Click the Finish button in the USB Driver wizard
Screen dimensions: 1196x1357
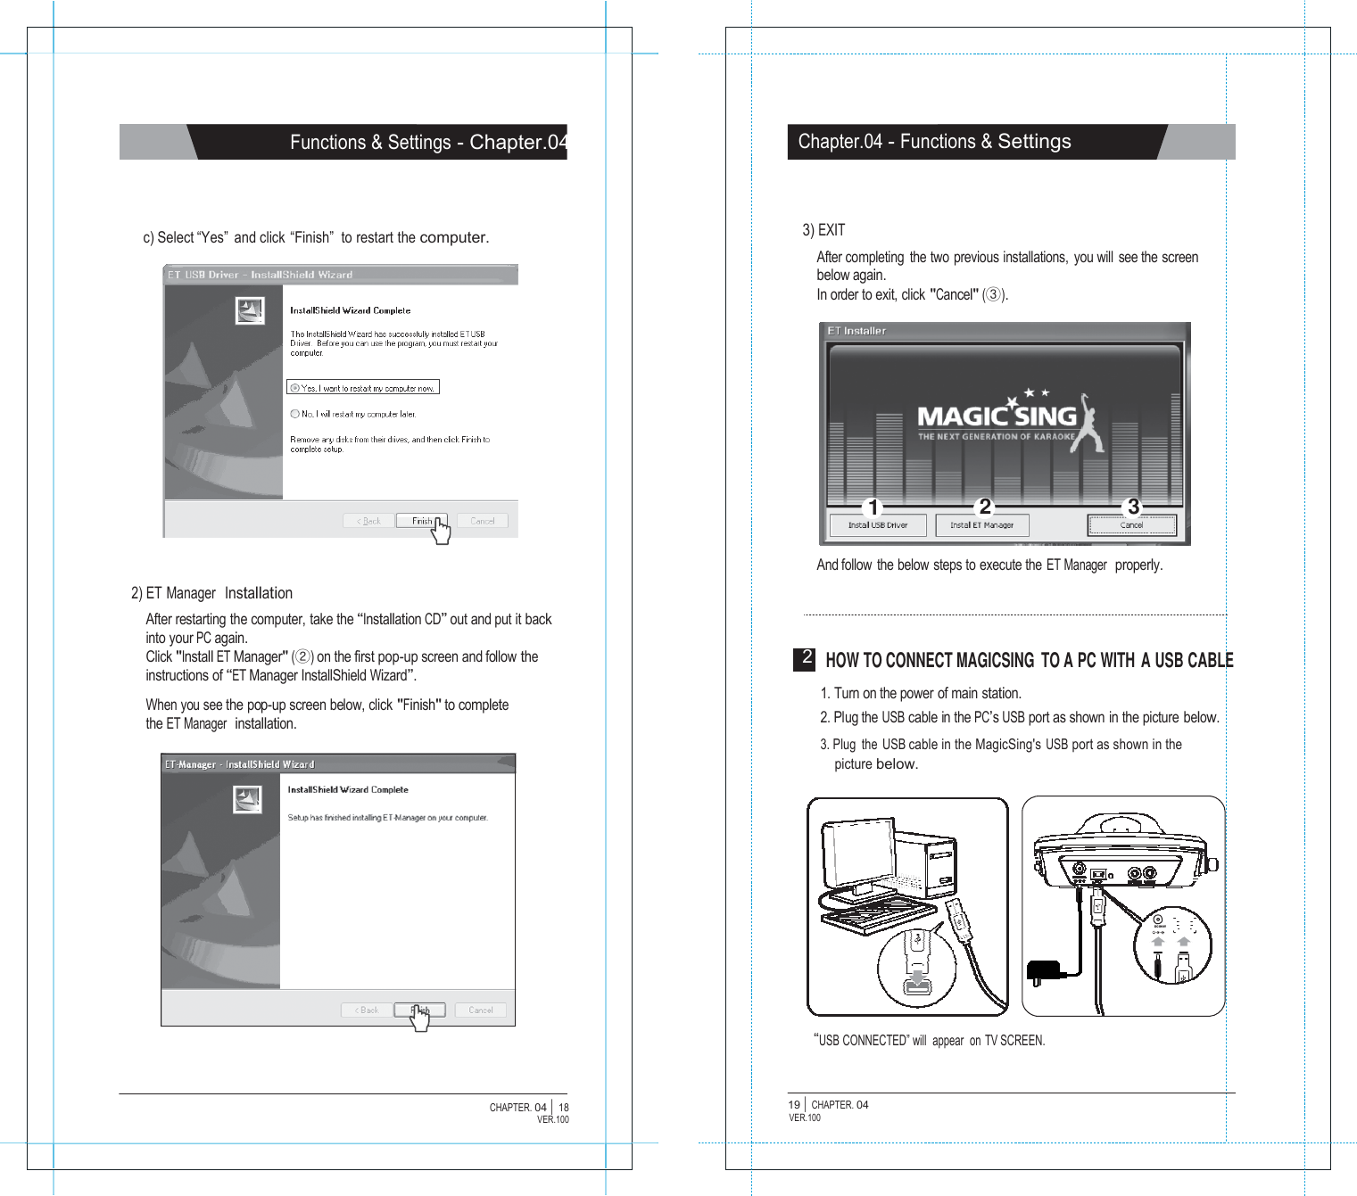coord(421,521)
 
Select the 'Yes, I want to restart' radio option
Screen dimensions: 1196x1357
coord(295,388)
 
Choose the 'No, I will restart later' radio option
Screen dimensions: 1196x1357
coord(294,414)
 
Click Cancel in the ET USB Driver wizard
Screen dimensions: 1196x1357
coord(482,521)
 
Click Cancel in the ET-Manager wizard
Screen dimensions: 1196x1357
coord(480,1010)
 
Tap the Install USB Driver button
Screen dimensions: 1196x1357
coord(877,525)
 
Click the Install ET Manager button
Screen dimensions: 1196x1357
coord(981,525)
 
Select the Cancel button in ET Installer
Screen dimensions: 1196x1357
coord(1131,525)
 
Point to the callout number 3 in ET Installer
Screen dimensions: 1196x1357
coord(1133,507)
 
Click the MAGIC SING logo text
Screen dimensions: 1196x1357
coord(997,417)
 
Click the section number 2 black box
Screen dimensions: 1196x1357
coord(805,658)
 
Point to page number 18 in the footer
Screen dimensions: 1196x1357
coord(563,1108)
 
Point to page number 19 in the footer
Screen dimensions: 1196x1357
coord(794,1105)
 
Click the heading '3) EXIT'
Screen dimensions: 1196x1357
coord(823,230)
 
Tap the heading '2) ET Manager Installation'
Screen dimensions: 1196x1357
coord(211,593)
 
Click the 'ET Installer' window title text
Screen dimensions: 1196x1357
coord(856,331)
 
